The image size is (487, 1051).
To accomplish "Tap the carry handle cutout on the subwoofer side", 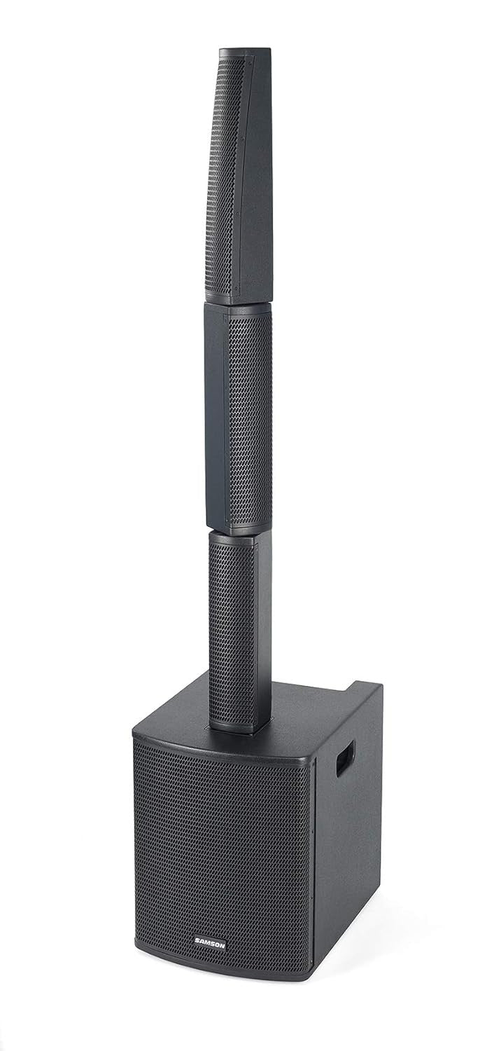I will coord(345,757).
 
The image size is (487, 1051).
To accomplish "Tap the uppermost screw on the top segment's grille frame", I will coord(242,59).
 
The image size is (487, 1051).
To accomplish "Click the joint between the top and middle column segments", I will coord(238,304).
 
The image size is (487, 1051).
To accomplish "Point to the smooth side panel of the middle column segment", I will coord(216,420).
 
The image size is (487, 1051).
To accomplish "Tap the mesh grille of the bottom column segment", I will coord(232,631).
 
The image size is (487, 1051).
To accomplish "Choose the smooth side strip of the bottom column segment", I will coord(262,631).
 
